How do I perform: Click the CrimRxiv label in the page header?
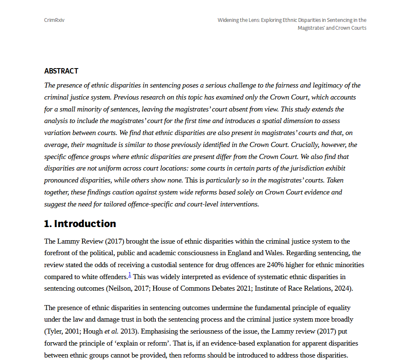[x=54, y=20]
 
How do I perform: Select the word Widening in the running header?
[x=228, y=20]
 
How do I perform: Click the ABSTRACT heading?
[x=61, y=71]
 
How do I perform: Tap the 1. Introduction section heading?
[x=80, y=224]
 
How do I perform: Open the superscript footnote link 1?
[x=130, y=275]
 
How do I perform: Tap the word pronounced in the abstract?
[x=61, y=180]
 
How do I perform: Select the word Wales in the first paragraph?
[x=272, y=253]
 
